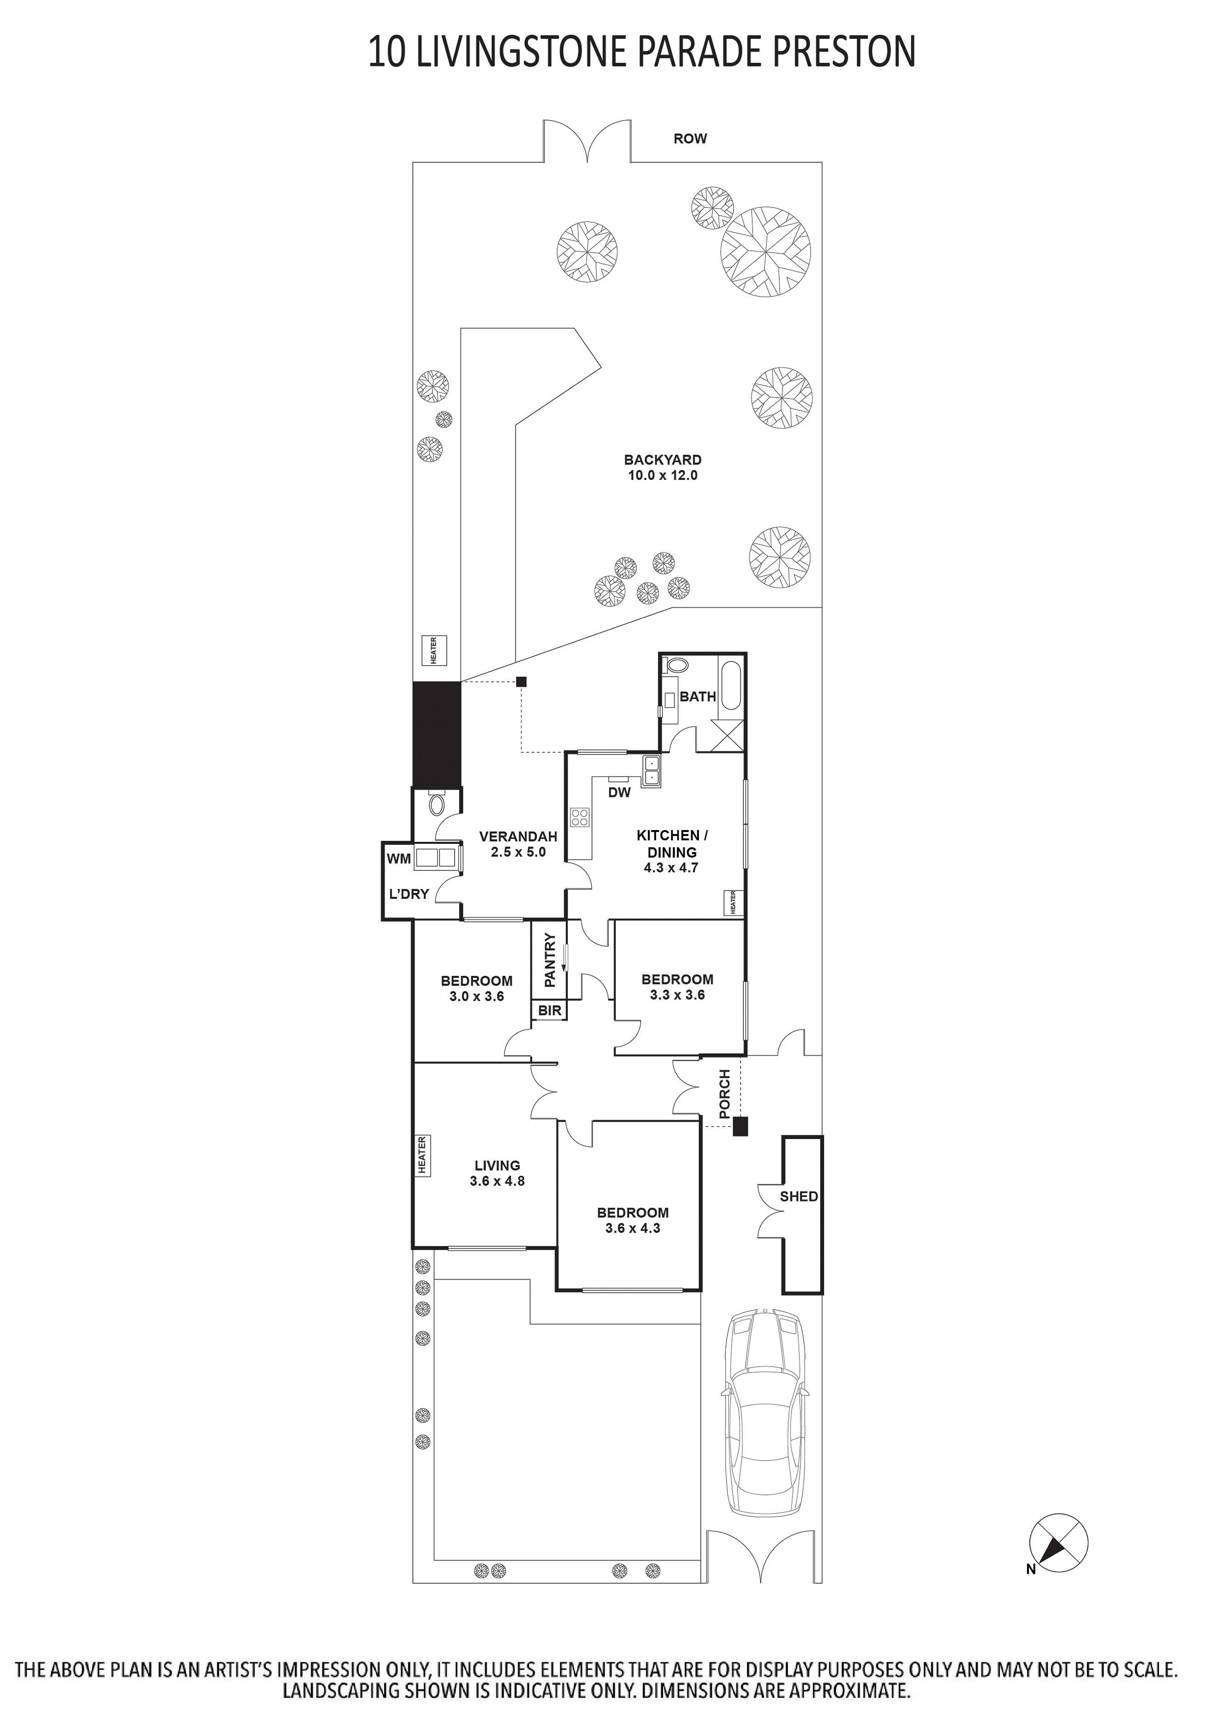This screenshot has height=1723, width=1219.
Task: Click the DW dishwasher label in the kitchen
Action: [619, 793]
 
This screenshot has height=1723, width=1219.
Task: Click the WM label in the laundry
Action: [399, 859]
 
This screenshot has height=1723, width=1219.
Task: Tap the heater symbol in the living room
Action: [422, 1156]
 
